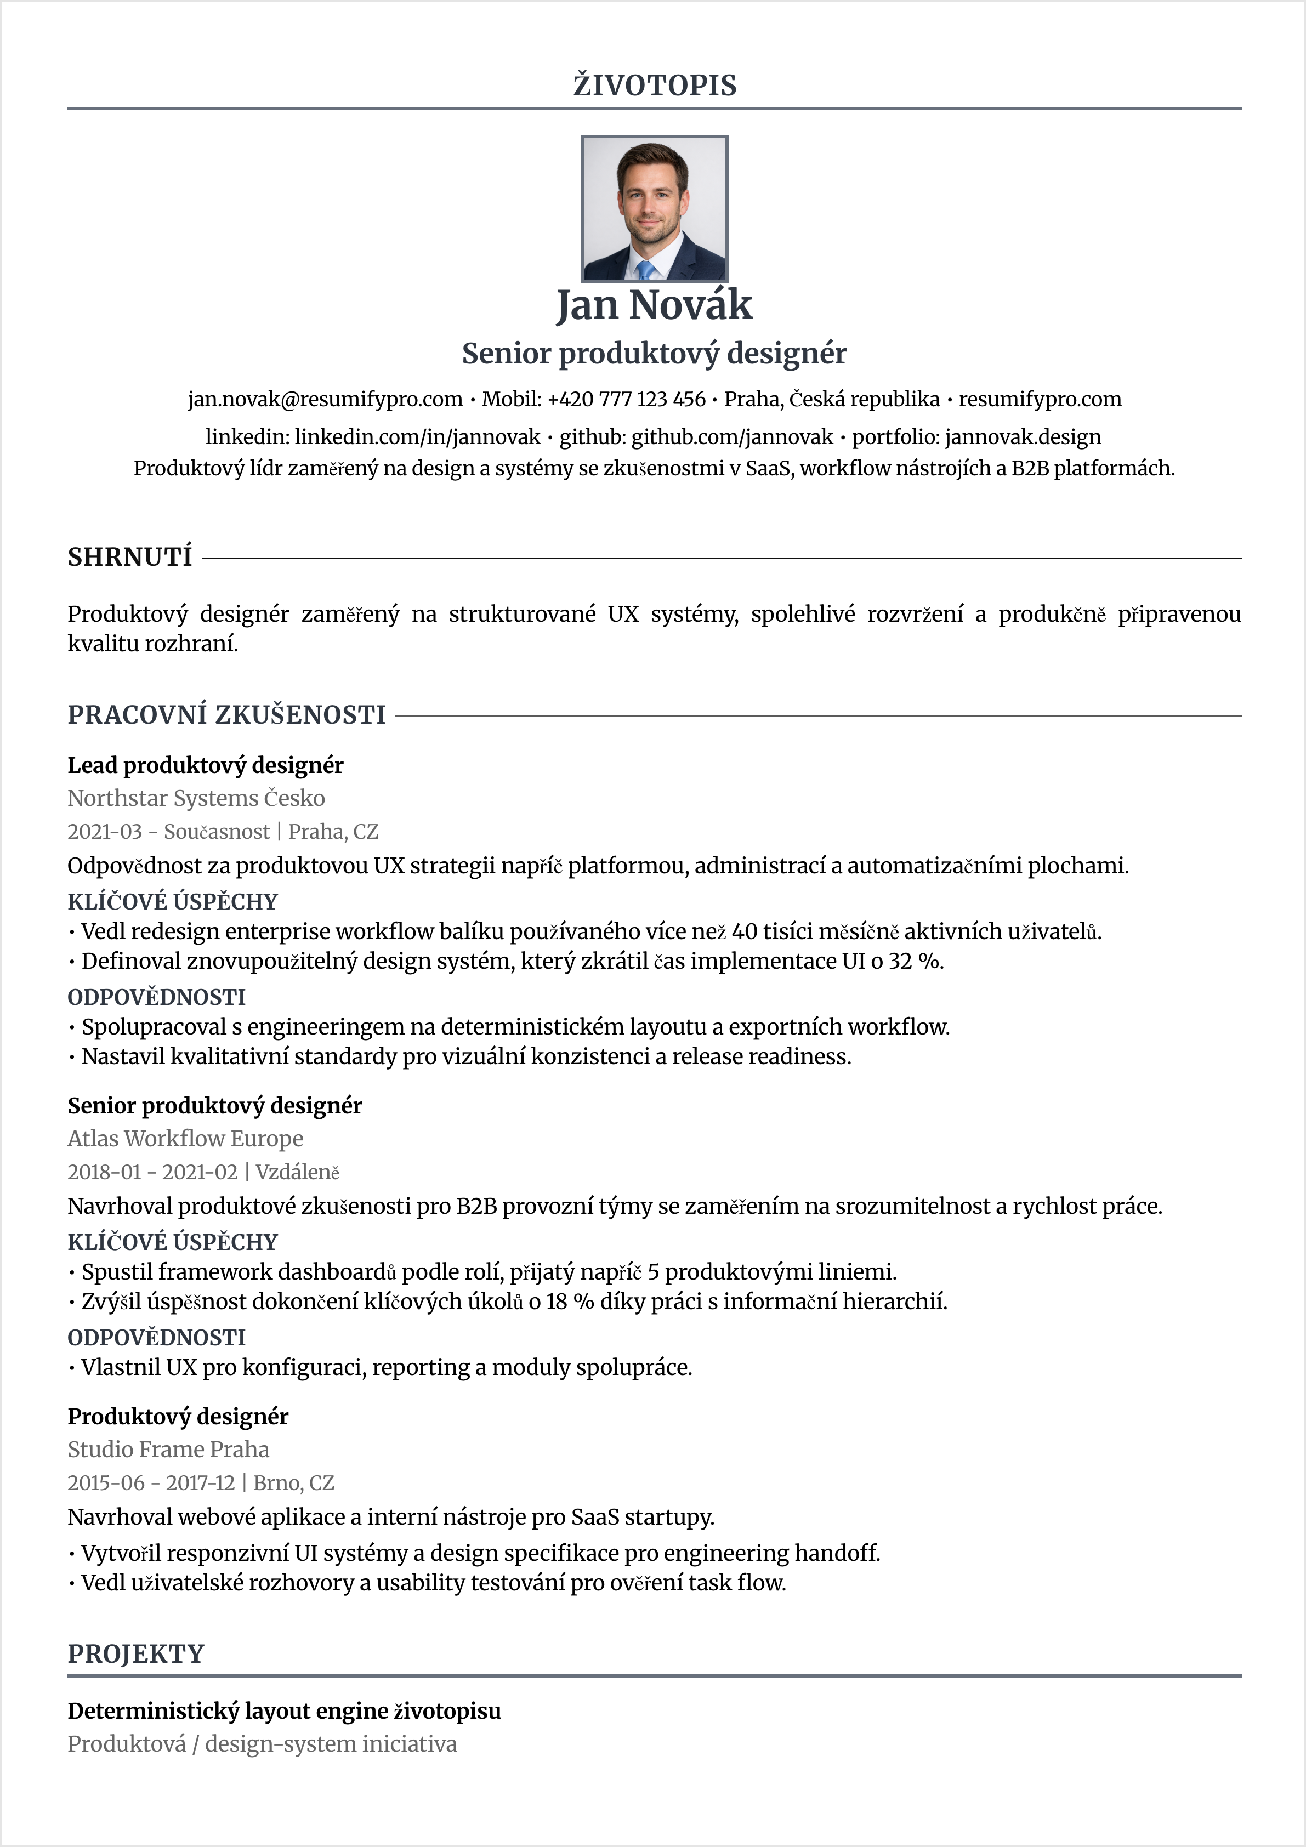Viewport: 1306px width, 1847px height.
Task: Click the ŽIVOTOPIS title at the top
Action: (654, 86)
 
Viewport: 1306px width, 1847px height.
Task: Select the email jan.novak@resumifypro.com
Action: (325, 399)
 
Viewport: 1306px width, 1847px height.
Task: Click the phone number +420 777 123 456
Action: (626, 399)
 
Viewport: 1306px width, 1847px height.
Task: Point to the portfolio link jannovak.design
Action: (1023, 437)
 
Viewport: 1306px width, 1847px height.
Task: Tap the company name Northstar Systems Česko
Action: (196, 798)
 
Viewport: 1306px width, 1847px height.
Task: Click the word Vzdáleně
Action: (298, 1172)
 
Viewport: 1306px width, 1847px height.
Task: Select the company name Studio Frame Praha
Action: (168, 1450)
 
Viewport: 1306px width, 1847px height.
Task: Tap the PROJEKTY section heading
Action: (136, 1654)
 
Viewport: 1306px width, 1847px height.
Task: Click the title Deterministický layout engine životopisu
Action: (284, 1711)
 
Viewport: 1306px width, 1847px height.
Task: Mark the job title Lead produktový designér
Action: (205, 765)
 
